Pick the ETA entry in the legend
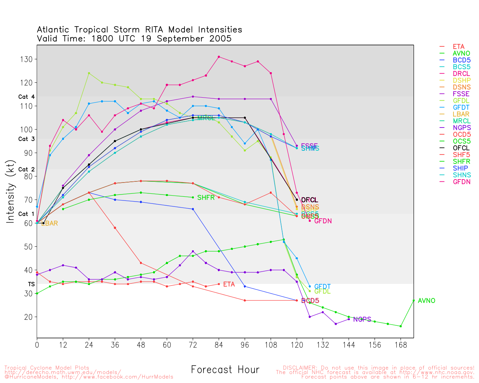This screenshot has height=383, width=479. [458, 47]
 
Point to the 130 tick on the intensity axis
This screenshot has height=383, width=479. [27, 59]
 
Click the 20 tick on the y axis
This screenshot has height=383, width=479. [29, 317]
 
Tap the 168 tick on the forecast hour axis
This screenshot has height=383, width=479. [400, 345]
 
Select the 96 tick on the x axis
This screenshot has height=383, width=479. [245, 345]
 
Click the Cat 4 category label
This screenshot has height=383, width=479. [26, 97]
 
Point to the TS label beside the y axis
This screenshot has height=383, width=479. [31, 284]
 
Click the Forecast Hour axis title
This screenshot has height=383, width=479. [225, 370]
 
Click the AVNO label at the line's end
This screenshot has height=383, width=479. [426, 301]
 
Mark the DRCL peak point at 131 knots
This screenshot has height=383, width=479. [219, 57]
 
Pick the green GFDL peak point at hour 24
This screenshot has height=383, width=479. [89, 73]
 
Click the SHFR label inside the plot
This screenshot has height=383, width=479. [206, 197]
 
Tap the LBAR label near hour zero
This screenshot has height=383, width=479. [49, 224]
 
